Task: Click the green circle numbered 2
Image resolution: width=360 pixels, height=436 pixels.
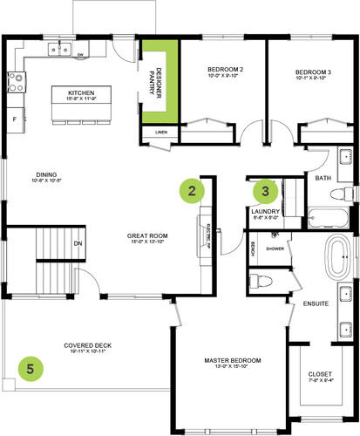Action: [x=192, y=188]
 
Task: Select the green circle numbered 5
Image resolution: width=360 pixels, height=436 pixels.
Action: [x=31, y=369]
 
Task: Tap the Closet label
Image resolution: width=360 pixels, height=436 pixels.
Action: [x=320, y=377]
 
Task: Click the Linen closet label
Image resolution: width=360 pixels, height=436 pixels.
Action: [x=160, y=133]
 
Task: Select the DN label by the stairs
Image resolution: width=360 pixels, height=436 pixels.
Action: [x=78, y=243]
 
